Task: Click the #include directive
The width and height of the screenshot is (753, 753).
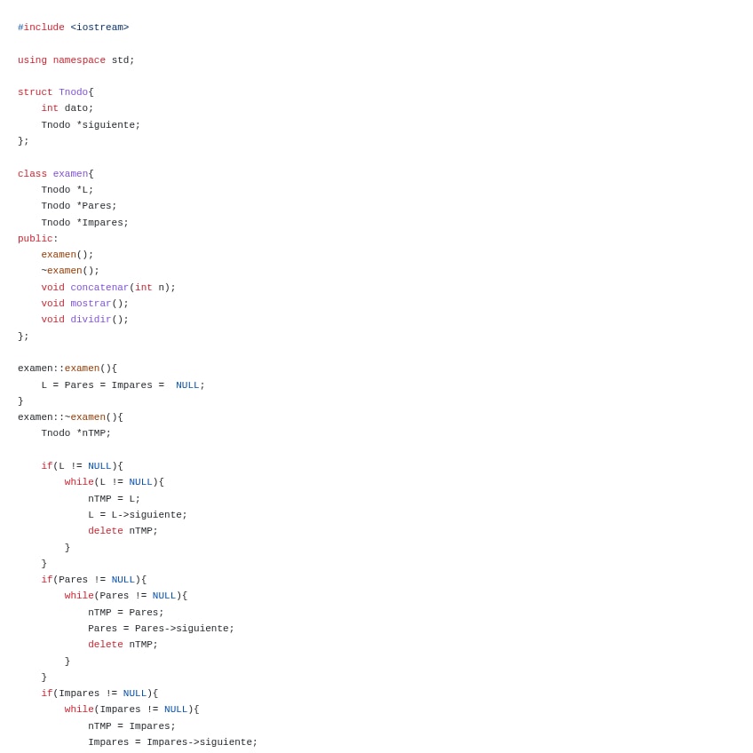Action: [41, 28]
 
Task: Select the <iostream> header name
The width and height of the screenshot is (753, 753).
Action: [99, 28]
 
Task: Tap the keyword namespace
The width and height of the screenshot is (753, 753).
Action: [79, 60]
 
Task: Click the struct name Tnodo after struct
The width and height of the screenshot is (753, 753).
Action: [73, 92]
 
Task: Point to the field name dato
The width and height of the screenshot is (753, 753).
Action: [76, 108]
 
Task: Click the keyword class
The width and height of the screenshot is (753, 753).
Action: [32, 174]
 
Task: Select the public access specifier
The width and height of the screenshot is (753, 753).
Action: [36, 239]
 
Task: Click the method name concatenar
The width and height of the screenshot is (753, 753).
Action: [99, 288]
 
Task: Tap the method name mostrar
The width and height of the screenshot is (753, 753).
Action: [91, 304]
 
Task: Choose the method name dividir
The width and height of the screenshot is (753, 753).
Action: [91, 320]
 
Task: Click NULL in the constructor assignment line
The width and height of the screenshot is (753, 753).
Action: [187, 385]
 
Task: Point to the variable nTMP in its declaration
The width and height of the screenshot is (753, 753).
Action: [94, 433]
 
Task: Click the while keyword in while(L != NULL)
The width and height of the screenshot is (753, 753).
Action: [79, 482]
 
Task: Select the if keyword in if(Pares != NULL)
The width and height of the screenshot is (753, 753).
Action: [46, 580]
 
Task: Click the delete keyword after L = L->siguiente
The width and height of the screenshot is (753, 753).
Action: [106, 531]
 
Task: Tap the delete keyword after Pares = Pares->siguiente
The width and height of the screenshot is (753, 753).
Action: [106, 645]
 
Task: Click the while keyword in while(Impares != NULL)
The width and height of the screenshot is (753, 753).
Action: [79, 709]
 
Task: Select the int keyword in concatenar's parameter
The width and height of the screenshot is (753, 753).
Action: [144, 288]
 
